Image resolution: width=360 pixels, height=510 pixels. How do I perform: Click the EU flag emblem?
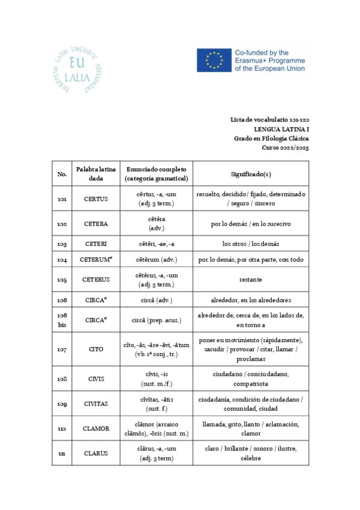[x=213, y=61]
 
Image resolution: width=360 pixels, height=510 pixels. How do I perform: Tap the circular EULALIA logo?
[x=76, y=69]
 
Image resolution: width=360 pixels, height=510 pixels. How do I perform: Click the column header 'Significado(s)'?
[x=251, y=174]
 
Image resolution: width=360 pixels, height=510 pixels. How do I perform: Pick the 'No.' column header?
[x=62, y=174]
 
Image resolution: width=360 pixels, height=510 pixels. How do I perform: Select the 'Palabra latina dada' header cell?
[x=96, y=174]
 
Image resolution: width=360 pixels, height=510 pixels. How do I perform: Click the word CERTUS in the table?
[x=96, y=199]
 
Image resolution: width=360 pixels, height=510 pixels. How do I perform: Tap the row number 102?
[x=62, y=224]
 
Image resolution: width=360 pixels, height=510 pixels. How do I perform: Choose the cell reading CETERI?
[x=96, y=244]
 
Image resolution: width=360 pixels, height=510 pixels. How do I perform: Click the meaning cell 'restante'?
[x=251, y=280]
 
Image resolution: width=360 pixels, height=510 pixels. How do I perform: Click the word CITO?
[x=96, y=349]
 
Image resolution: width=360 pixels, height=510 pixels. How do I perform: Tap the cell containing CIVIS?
[x=96, y=379]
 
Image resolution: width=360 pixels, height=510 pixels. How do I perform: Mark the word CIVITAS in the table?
[x=96, y=404]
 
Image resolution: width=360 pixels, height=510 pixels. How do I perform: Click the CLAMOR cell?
[x=96, y=428]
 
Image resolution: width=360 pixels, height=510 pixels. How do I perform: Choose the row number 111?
[x=62, y=453]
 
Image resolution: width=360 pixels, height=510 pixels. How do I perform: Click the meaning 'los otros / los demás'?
[x=251, y=244]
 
